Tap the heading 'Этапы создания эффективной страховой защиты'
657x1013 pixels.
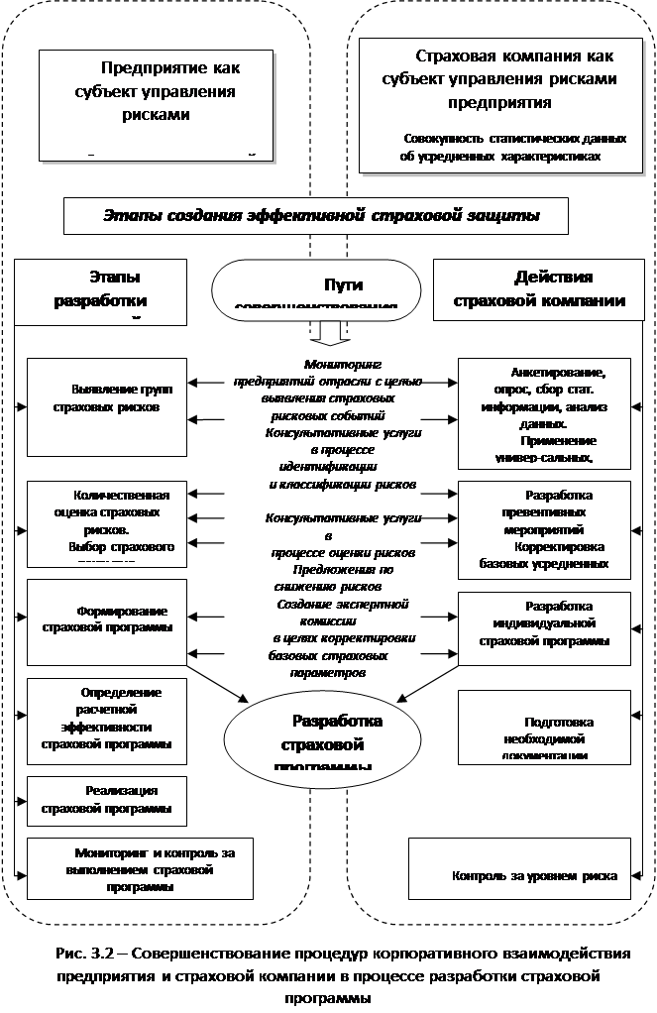(316, 215)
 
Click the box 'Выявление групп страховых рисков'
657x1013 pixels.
(107, 406)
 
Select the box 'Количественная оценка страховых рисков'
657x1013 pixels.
(107, 521)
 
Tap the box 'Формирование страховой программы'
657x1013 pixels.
(107, 619)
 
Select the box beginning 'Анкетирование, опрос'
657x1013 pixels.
(544, 412)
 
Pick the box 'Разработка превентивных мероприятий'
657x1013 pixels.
(544, 529)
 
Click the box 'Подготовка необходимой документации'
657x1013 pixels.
(544, 727)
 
